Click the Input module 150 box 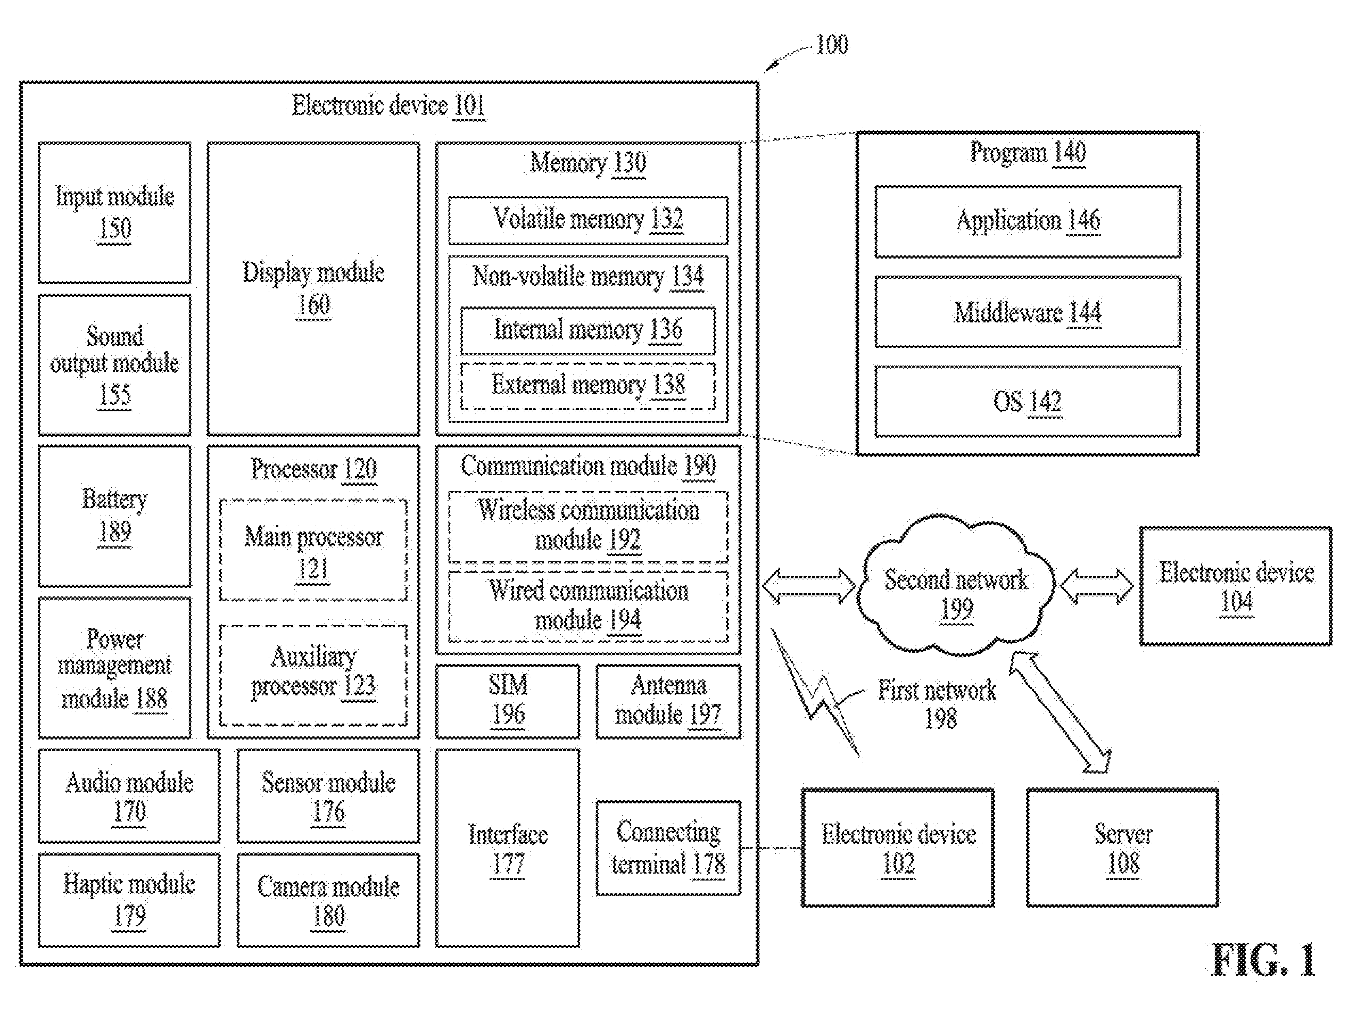[x=114, y=213]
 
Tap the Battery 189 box [x=114, y=516]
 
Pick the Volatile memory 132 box [x=588, y=220]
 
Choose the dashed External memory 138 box [x=588, y=387]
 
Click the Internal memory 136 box [x=588, y=330]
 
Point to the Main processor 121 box [x=313, y=550]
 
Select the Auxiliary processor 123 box [x=313, y=675]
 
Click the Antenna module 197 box [x=668, y=701]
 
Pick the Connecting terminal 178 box [x=668, y=848]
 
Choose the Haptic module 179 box [x=129, y=900]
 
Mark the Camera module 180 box [x=329, y=900]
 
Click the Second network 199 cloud [x=956, y=585]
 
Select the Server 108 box [x=1123, y=848]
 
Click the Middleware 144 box [x=1028, y=312]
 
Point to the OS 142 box [x=1028, y=401]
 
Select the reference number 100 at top [x=832, y=45]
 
